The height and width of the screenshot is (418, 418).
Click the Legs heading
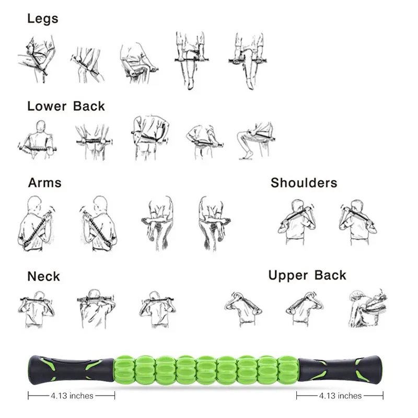pos(42,19)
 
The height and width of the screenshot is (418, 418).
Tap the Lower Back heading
pos(66,106)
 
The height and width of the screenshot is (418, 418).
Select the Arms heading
pos(44,182)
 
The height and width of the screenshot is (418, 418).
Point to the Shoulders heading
pos(304,183)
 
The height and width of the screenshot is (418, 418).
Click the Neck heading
pos(43,276)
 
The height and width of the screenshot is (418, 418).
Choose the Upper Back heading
pos(307,275)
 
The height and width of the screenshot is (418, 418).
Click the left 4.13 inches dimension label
pos(72,396)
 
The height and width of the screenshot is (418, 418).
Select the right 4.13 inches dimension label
pos(341,396)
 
